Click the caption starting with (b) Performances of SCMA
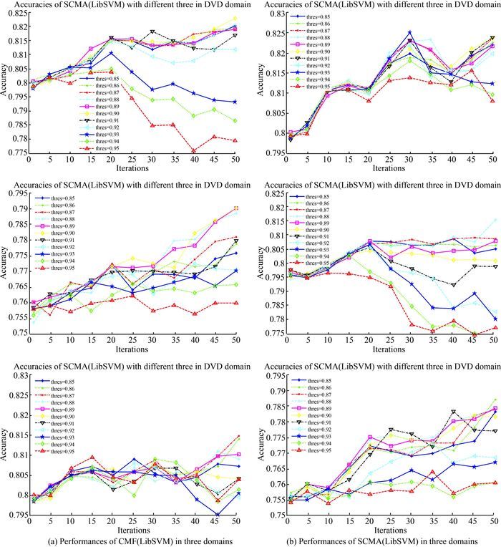point(373,538)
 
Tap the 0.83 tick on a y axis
point(15,375)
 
